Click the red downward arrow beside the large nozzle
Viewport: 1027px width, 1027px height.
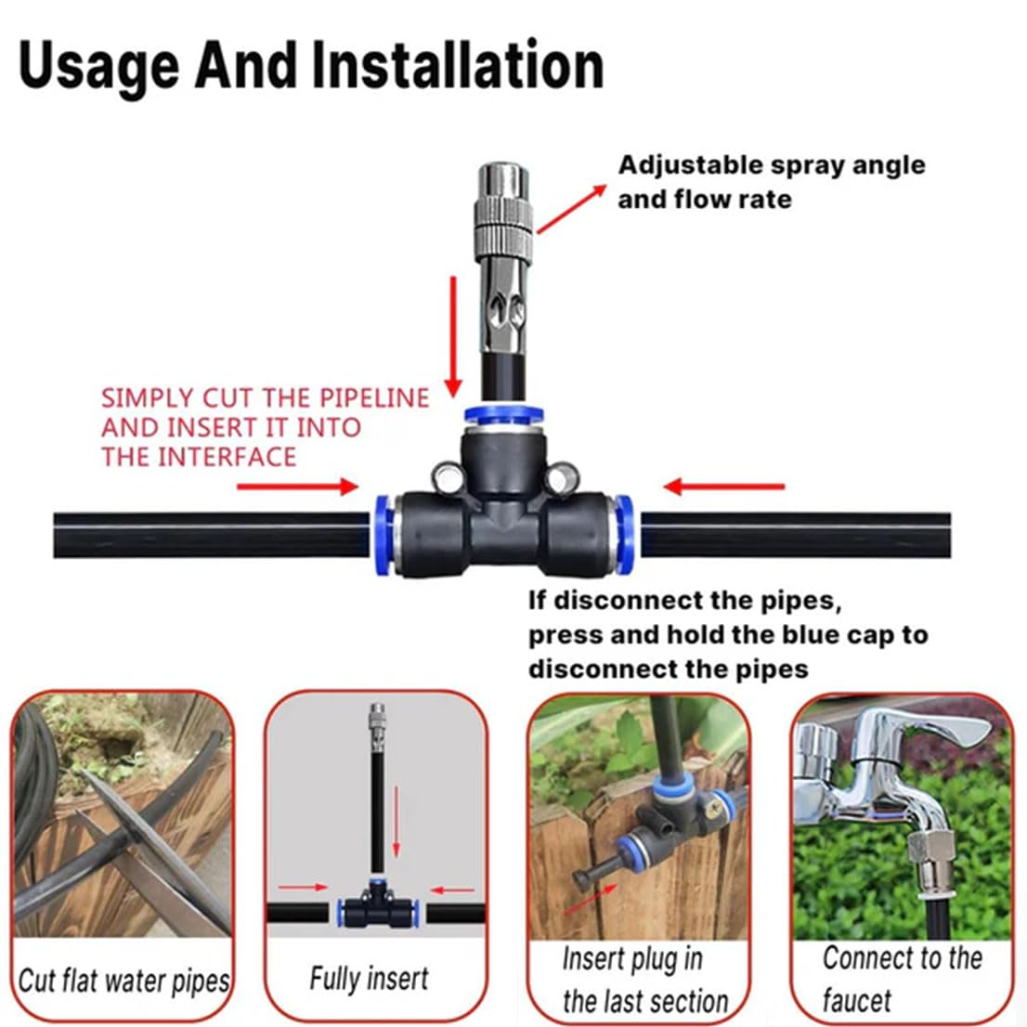(x=453, y=334)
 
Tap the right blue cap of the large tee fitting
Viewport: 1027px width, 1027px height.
(x=625, y=522)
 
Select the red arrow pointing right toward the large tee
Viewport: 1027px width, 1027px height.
(x=297, y=487)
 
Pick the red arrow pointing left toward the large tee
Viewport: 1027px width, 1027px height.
(x=724, y=487)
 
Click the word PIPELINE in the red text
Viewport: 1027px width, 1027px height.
(x=374, y=398)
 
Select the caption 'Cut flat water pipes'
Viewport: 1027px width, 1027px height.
(x=123, y=981)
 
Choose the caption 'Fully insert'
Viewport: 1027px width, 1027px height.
(x=369, y=978)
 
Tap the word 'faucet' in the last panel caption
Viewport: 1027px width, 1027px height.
(x=856, y=1000)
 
